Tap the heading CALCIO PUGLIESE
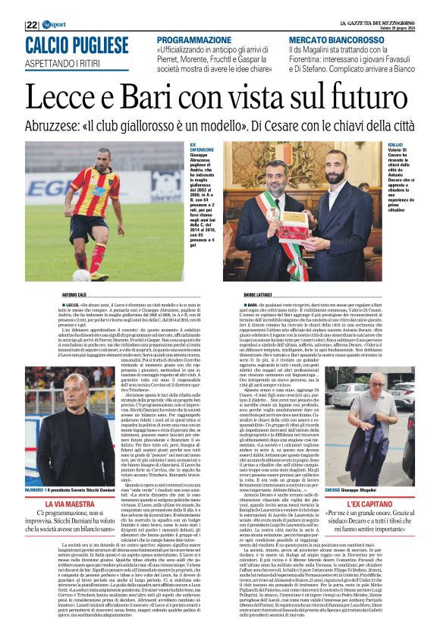pos(76,44)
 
